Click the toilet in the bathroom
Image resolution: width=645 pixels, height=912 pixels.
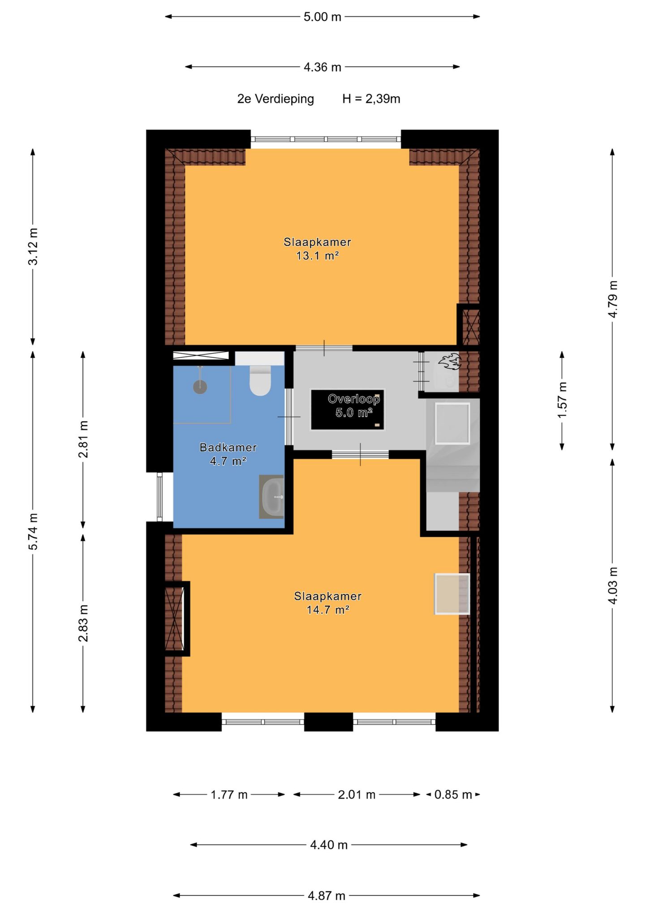[x=260, y=380]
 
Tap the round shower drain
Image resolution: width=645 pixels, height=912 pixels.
[x=200, y=387]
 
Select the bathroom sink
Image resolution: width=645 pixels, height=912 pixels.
[x=271, y=497]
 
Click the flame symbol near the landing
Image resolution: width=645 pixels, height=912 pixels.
[x=449, y=361]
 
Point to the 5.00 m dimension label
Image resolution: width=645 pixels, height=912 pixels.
[x=322, y=17]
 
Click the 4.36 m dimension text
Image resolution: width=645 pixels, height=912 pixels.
[x=322, y=67]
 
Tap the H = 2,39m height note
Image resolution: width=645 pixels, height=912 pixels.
[x=371, y=99]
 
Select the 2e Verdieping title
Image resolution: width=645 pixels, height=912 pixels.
[x=275, y=99]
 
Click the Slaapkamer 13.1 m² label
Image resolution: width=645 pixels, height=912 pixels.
[x=317, y=249]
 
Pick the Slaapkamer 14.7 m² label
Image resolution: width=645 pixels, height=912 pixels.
[x=328, y=602]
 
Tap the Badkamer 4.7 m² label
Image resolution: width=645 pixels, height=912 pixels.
[x=228, y=454]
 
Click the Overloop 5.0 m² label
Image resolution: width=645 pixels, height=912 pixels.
[x=354, y=405]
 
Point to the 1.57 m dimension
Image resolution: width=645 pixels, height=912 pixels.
[x=562, y=400]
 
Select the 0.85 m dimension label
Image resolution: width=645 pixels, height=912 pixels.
[x=453, y=795]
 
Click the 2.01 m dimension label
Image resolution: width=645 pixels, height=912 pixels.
[x=357, y=795]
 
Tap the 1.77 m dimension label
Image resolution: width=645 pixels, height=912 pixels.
[x=229, y=795]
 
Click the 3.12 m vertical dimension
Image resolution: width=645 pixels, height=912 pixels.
[x=33, y=246]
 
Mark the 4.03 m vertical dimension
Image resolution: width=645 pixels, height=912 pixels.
[x=613, y=585]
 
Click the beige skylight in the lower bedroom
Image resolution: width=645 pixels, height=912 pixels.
[x=452, y=594]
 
